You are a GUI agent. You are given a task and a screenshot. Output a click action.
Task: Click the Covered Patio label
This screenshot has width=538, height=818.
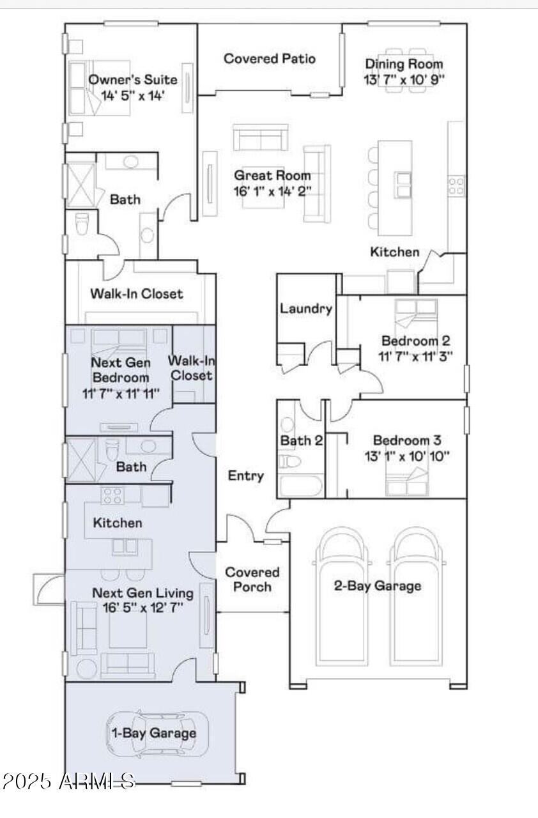point(270,58)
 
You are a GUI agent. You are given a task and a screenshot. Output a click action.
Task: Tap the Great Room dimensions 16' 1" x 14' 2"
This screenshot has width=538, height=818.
point(273,190)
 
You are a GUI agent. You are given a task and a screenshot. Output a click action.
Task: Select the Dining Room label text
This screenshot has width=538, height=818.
point(404,64)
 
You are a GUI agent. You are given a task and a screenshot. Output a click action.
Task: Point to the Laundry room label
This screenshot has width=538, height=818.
point(306,309)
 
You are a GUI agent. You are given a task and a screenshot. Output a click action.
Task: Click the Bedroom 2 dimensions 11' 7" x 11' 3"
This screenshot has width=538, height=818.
point(415,356)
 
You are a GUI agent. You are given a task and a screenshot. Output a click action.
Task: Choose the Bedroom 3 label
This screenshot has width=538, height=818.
point(407,440)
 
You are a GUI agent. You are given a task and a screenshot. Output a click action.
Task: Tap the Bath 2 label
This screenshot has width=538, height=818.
point(302,440)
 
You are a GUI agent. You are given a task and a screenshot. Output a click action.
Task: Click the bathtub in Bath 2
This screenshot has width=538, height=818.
point(300,485)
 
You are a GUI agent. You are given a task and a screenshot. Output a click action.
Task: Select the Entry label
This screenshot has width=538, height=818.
point(245,475)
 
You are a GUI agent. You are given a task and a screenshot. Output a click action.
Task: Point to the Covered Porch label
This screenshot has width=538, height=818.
point(252,580)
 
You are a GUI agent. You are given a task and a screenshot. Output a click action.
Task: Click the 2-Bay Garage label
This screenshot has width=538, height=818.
point(378,586)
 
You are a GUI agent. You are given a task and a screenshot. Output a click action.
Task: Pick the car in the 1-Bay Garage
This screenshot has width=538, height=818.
point(158,733)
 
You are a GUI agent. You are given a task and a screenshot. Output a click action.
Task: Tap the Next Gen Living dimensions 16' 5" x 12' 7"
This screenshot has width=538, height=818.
point(142,608)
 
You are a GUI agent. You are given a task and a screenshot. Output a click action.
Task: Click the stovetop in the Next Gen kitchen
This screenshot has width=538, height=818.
point(113,496)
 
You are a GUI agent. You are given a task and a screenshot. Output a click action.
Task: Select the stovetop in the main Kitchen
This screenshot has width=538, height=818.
point(456,185)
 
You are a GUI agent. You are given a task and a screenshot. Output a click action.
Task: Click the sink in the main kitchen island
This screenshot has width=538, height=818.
point(403,185)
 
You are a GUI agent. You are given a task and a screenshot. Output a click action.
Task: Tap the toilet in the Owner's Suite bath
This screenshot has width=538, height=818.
point(81,224)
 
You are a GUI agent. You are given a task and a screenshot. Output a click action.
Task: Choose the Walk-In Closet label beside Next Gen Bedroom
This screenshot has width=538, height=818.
point(192,368)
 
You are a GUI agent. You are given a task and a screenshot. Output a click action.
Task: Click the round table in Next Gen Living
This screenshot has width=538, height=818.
point(87,669)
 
